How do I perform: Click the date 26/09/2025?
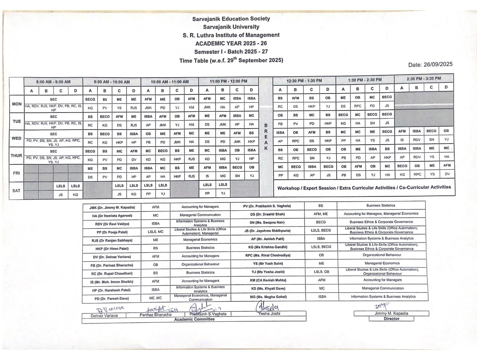coord(430,64)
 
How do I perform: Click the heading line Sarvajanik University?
coord(231,27)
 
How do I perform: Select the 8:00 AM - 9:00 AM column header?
coord(53,82)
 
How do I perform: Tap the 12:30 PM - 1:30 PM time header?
coord(304,81)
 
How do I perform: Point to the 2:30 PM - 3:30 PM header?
coord(424,79)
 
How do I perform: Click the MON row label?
coord(17,104)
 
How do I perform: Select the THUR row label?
coord(16,156)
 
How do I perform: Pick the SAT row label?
coord(16,191)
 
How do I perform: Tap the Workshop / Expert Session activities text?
coord(364,188)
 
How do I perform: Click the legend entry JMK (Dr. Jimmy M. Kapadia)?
coord(112,207)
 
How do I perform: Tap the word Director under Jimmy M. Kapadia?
coord(391,319)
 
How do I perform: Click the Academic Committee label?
coord(194,319)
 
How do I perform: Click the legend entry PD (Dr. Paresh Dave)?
coord(111,299)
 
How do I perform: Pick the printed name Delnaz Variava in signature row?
coord(104,316)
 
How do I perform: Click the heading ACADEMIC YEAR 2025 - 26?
coord(231,43)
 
